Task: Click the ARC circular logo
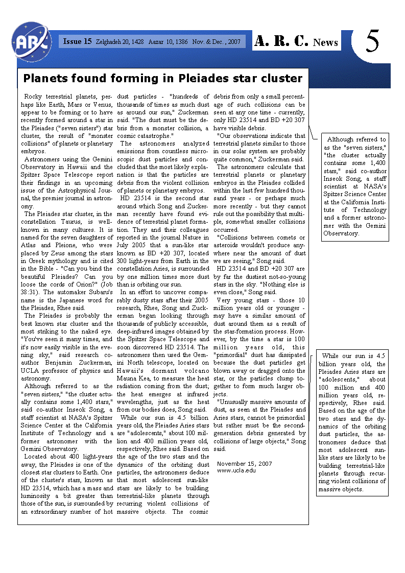tap(31, 41)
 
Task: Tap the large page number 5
tap(372, 42)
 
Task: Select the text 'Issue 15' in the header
tap(77, 41)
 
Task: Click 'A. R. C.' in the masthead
tap(281, 41)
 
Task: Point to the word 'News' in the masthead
tap(326, 42)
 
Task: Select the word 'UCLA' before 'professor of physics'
tap(30, 370)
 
